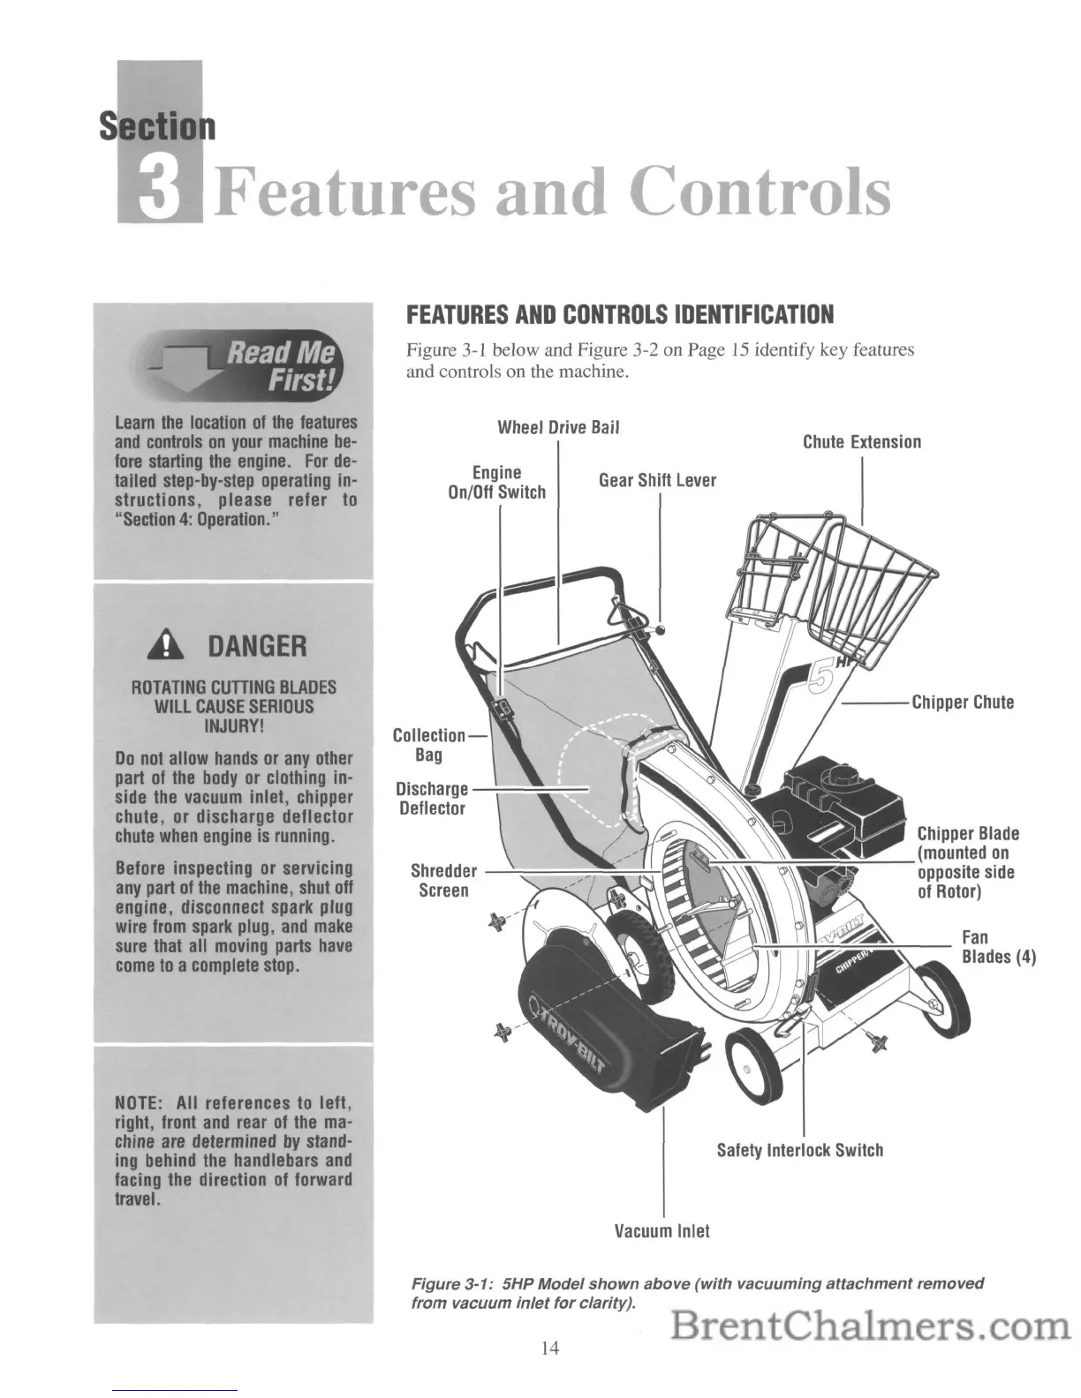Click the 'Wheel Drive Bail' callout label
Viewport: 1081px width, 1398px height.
558,428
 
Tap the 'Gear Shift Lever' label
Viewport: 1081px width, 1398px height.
657,481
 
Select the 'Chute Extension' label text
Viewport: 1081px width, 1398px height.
861,442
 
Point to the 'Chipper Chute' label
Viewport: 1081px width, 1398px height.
962,703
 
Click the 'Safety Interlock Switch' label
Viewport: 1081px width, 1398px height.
799,1150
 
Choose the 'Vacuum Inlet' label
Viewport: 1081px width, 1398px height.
661,1230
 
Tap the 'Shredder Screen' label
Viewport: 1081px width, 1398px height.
443,881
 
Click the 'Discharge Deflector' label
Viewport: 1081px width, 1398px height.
432,798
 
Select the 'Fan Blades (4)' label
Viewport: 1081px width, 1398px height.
998,947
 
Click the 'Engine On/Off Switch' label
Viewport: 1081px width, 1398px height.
497,483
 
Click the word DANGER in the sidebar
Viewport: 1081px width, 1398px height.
257,647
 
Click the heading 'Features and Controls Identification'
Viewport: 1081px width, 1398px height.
618,315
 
